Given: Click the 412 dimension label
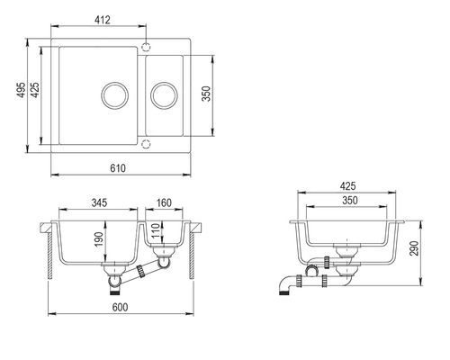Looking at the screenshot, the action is [103, 20].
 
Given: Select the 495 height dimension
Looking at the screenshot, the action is [21, 90].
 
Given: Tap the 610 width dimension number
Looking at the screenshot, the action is [118, 168].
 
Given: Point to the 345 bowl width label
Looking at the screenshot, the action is [99, 202].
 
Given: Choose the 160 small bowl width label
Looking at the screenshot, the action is [164, 202].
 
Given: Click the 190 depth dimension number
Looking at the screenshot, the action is [99, 239].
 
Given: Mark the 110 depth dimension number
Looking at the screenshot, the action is [156, 230].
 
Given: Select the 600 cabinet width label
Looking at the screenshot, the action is [120, 307].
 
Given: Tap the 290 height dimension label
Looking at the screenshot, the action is [414, 248].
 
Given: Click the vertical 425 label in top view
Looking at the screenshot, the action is [35, 90].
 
